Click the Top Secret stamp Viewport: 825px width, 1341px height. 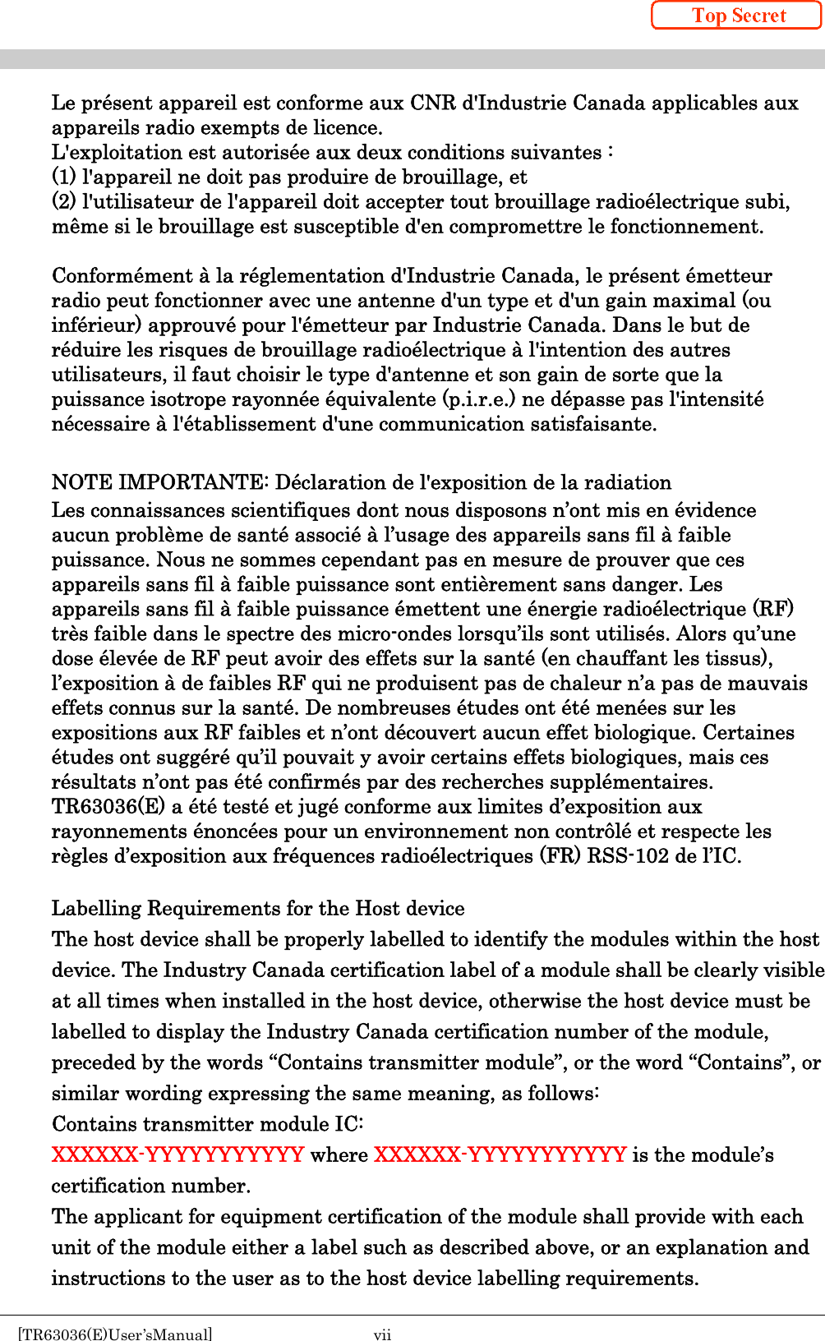[737, 16]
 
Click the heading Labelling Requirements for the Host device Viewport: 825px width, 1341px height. [258, 908]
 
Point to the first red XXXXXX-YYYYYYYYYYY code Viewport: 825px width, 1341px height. [177, 1154]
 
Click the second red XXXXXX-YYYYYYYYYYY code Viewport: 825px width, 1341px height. [500, 1154]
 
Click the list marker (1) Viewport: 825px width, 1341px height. [64, 177]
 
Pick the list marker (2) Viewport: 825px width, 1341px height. [64, 201]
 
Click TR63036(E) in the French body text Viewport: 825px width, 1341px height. [108, 806]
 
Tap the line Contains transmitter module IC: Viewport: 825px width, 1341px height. [207, 1123]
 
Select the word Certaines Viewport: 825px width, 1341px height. [749, 732]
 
